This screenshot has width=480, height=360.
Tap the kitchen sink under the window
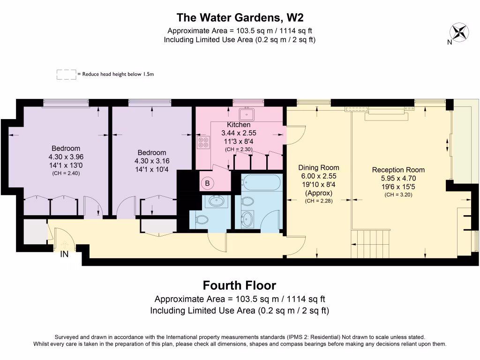click(245, 114)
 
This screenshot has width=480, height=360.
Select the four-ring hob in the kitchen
click(203, 143)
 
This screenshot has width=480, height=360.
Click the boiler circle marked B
click(207, 183)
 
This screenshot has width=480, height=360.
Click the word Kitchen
click(239, 125)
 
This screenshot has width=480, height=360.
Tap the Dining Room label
click(318, 168)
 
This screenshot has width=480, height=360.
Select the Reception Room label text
click(398, 170)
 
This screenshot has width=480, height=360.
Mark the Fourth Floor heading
click(239, 285)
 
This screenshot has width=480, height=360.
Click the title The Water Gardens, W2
click(240, 18)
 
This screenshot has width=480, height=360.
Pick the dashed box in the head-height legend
click(66, 74)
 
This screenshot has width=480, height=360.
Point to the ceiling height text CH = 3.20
click(398, 195)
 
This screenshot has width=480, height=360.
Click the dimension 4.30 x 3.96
click(66, 157)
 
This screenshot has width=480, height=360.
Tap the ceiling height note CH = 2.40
click(66, 173)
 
